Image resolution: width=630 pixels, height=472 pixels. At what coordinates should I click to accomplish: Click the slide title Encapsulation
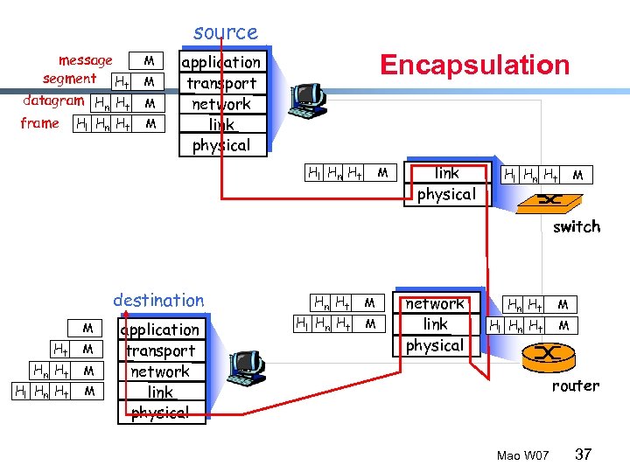[473, 65]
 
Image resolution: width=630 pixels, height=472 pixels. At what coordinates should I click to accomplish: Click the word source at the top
[226, 33]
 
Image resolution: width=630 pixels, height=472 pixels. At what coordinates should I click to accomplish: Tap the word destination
[158, 301]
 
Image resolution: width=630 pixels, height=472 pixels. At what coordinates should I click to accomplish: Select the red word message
[85, 60]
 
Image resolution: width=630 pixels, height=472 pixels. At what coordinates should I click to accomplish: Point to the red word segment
[69, 80]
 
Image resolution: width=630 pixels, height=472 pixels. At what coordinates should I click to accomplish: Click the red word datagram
[53, 101]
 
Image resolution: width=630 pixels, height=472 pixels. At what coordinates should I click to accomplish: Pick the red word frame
[39, 123]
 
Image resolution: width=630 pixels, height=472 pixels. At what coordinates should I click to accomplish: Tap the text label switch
[576, 226]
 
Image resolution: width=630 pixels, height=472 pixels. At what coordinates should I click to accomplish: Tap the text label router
[575, 385]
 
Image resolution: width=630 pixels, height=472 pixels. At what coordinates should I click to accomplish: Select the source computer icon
[309, 102]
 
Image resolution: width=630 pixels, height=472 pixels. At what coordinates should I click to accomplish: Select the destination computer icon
[245, 367]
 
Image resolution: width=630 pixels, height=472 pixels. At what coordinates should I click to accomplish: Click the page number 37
[584, 455]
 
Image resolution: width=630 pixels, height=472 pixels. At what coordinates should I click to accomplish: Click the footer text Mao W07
[522, 455]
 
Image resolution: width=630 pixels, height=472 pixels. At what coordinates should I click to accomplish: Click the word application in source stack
[220, 62]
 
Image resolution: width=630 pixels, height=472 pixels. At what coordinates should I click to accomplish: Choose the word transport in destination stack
[160, 351]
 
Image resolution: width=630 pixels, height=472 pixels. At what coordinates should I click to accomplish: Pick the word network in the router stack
[435, 304]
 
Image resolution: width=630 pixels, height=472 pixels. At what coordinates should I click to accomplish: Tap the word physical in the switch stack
[446, 194]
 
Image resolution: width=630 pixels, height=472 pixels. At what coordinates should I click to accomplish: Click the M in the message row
[150, 60]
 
